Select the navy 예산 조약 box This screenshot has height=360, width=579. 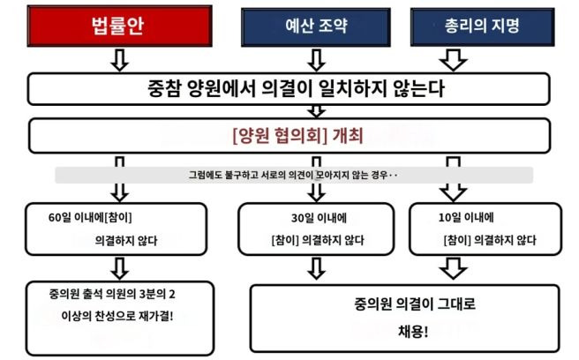pyautogui.click(x=316, y=26)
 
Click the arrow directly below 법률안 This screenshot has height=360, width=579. pyautogui.click(x=120, y=59)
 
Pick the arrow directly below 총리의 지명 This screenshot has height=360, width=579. pyautogui.click(x=454, y=59)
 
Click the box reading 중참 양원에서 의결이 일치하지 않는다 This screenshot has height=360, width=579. pyautogui.click(x=289, y=88)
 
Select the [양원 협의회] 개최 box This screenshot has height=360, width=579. pyautogui.click(x=289, y=137)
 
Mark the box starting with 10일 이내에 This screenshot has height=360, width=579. pyautogui.click(x=485, y=229)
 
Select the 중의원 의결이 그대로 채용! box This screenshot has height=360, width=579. pyautogui.click(x=407, y=317)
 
